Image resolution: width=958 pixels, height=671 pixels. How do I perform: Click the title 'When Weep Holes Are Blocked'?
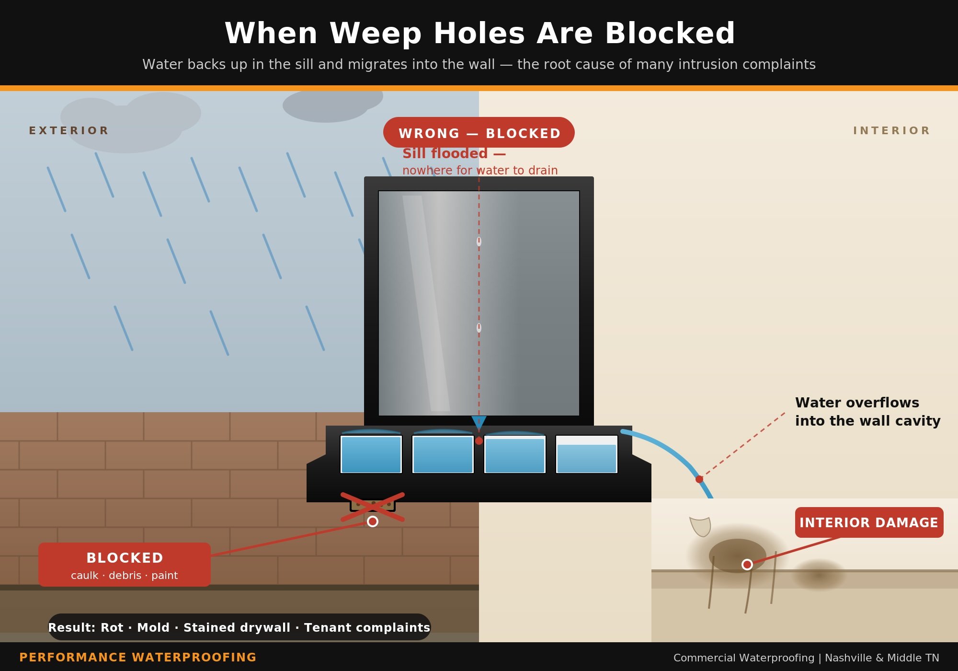coord(479,34)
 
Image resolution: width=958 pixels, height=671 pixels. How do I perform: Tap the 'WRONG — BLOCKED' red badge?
coord(479,133)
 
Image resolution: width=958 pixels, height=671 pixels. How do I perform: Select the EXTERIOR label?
coord(69,131)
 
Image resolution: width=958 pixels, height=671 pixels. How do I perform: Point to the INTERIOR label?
coord(891,131)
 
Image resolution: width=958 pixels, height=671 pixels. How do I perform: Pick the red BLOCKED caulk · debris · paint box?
coord(125,565)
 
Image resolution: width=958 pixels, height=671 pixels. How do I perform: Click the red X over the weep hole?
coord(373,507)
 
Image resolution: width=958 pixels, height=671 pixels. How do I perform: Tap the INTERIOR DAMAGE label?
coord(869,522)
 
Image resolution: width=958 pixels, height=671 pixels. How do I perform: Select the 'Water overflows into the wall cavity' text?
coord(867,412)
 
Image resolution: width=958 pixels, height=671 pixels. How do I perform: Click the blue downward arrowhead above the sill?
coord(479,422)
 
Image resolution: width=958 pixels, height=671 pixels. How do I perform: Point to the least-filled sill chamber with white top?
coord(587,454)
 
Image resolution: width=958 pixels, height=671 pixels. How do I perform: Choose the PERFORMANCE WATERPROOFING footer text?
coord(138,657)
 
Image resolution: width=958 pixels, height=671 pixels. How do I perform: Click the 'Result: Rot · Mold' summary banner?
coord(239,627)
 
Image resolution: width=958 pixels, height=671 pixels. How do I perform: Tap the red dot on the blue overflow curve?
coord(699,479)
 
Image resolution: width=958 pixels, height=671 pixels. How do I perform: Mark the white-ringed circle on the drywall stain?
coord(747,565)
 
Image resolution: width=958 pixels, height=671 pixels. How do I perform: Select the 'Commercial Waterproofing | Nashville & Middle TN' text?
coord(806,658)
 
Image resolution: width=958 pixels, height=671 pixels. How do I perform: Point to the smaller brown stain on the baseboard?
coord(820,575)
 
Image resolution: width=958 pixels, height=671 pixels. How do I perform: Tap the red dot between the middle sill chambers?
coord(479,441)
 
